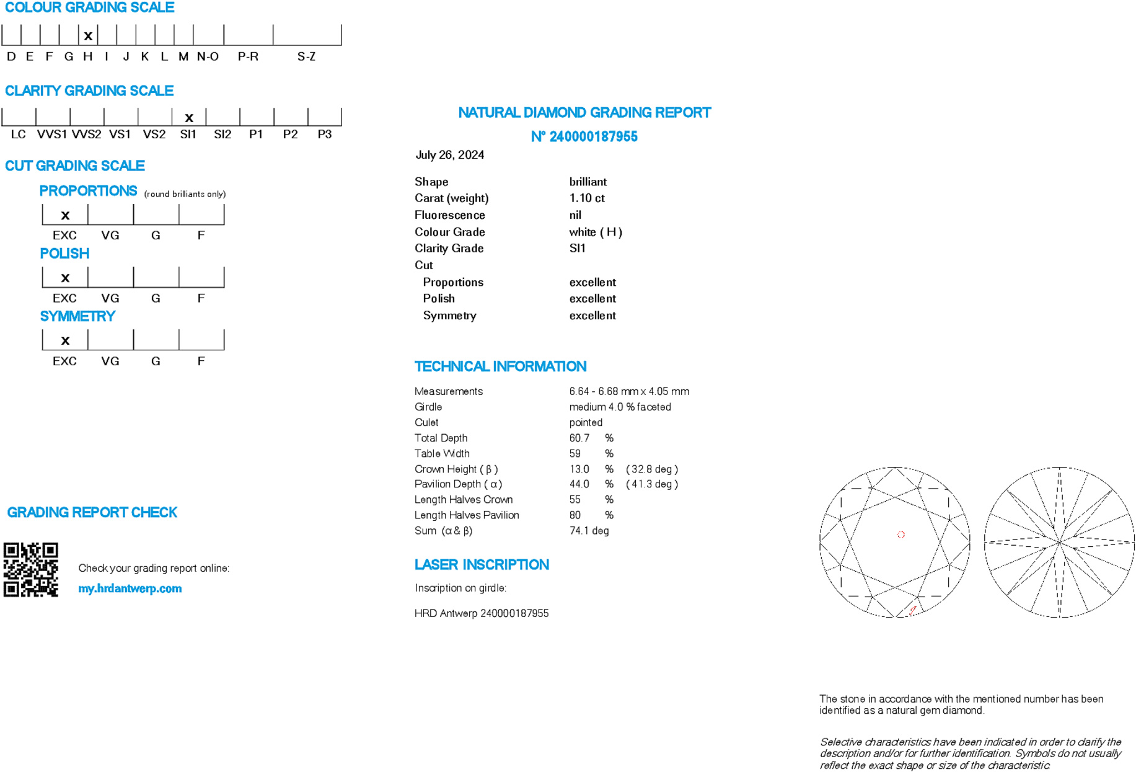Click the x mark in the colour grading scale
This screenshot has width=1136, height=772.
tap(88, 36)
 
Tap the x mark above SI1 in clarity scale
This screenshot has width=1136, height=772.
tap(189, 117)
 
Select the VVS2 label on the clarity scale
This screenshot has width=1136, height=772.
tap(86, 135)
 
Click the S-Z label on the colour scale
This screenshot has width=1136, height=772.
tap(306, 56)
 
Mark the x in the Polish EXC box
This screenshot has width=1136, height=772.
tap(65, 278)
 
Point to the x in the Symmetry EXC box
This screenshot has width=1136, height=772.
tap(65, 340)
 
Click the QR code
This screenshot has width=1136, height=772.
tap(31, 570)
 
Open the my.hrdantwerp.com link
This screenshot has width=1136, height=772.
tap(130, 588)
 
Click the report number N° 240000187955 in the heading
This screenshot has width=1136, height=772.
tap(584, 136)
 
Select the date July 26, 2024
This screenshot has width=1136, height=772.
tap(450, 155)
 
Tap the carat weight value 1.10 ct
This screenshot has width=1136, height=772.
tap(587, 198)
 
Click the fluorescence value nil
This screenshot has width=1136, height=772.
tap(575, 215)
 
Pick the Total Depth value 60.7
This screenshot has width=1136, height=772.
tap(579, 438)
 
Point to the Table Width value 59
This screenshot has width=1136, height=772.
tap(575, 454)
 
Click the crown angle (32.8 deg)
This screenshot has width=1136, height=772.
tap(652, 469)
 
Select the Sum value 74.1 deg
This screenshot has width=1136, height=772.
tap(589, 531)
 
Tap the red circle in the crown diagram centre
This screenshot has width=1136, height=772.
tap(901, 535)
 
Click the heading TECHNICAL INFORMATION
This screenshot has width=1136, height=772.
tap(500, 366)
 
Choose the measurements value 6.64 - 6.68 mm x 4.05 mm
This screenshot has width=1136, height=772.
tap(629, 392)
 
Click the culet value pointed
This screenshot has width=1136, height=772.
tap(586, 423)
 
